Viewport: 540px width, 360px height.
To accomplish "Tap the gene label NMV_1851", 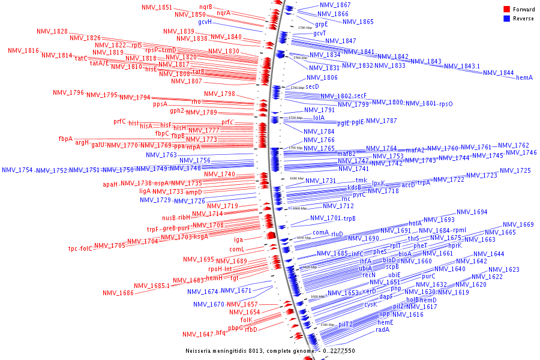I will (157, 7).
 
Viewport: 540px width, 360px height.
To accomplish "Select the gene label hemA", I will (524, 77).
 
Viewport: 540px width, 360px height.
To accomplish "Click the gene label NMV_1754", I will (17, 170).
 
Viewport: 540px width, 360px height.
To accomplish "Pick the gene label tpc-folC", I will (80, 248).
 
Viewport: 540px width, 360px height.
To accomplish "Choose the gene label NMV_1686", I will (118, 293).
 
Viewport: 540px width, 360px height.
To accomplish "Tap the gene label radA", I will (383, 329).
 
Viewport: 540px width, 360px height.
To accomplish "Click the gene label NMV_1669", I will (518, 225).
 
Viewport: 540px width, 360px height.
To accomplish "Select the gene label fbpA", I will (65, 139).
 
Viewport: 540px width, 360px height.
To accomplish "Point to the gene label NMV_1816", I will (23, 51).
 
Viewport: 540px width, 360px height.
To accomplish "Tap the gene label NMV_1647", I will (198, 334).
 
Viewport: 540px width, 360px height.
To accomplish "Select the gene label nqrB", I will (206, 7).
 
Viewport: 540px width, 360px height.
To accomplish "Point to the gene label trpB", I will (350, 218).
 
